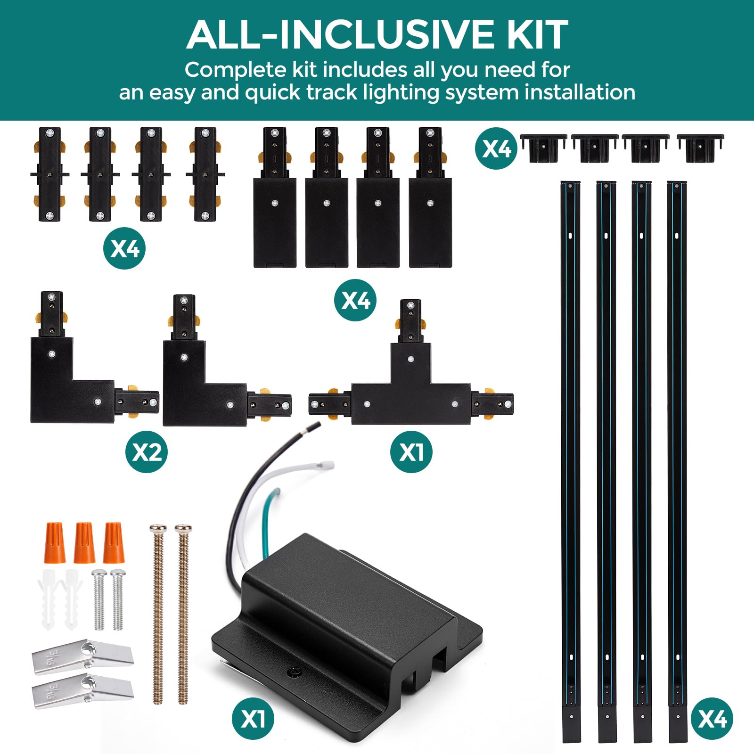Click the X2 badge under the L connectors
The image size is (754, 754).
click(147, 452)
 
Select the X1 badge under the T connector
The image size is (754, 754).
click(411, 452)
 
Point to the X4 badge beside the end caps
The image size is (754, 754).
click(496, 148)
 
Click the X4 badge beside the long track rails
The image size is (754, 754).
click(712, 719)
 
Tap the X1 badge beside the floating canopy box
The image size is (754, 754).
click(253, 719)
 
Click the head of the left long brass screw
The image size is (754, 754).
click(158, 529)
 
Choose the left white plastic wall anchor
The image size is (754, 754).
click(49, 598)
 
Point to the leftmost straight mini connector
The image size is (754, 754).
click(49, 174)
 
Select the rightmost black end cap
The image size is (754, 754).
click(700, 147)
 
